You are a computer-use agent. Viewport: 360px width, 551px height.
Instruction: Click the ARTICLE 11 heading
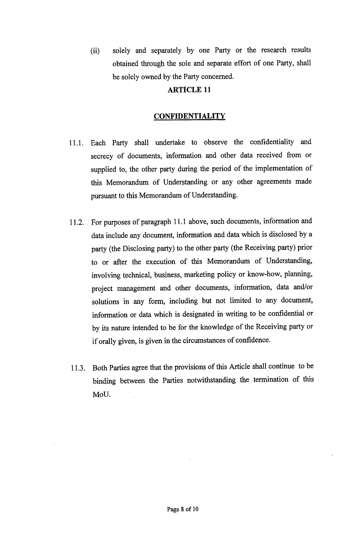pyautogui.click(x=189, y=90)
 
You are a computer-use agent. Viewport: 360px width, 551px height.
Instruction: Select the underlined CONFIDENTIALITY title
pyautogui.click(x=189, y=116)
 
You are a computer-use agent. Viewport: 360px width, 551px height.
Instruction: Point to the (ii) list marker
pyautogui.click(x=95, y=51)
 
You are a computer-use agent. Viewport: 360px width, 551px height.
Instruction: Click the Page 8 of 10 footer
pyautogui.click(x=183, y=509)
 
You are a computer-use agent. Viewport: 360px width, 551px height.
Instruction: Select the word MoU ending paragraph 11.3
pyautogui.click(x=101, y=394)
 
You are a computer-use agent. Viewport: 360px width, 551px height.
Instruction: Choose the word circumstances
pyautogui.click(x=204, y=341)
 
